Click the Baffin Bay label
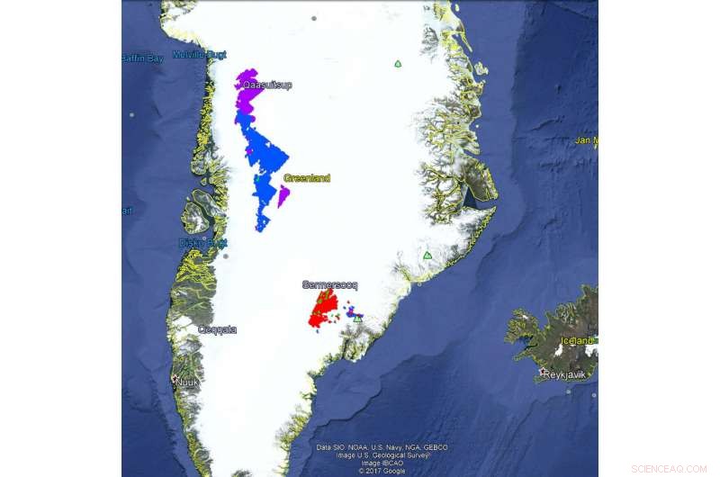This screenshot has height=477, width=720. click(142, 58)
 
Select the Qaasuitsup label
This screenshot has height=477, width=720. click(266, 85)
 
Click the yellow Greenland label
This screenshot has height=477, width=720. click(307, 178)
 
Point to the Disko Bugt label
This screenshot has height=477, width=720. click(202, 243)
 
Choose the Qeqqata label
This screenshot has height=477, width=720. click(218, 329)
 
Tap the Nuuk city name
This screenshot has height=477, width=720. click(187, 382)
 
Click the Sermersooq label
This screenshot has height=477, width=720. click(329, 285)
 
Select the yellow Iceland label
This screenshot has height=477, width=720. click(577, 341)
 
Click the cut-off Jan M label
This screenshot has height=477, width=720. click(587, 140)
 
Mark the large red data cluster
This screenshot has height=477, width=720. click(323, 310)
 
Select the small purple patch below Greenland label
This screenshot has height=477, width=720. click(283, 196)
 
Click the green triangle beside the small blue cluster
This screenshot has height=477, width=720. click(357, 319)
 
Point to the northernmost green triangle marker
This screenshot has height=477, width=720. click(397, 64)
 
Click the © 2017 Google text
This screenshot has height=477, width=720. click(382, 471)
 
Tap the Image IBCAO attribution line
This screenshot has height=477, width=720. click(382, 463)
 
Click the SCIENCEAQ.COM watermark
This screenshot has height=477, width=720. click(669, 469)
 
